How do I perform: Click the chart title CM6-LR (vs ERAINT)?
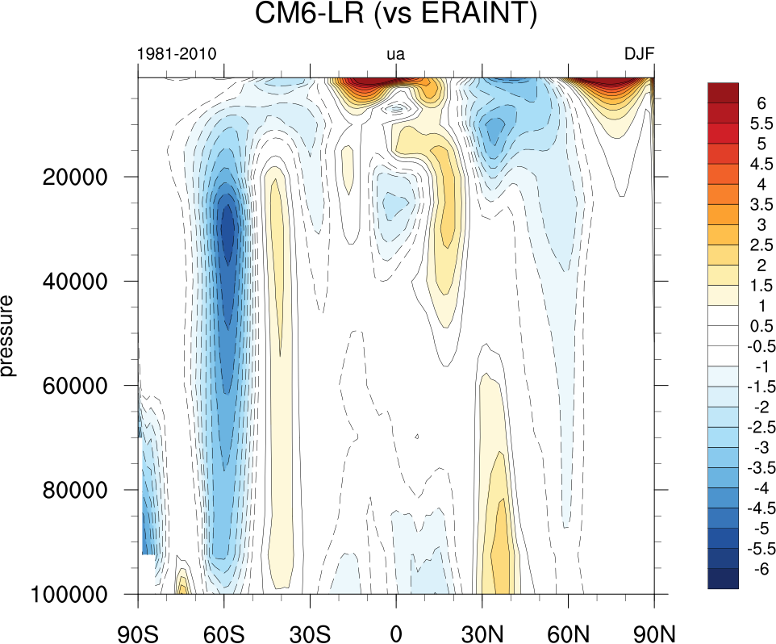click(395, 15)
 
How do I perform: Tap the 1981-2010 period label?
click(177, 55)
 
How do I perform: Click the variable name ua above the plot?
click(395, 55)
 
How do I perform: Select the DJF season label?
click(639, 55)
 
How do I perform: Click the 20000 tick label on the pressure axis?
click(76, 177)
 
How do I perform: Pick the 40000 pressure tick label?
click(76, 281)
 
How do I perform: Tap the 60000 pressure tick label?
click(76, 385)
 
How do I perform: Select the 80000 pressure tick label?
click(76, 490)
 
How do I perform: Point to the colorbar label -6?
click(760, 569)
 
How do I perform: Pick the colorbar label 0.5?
click(760, 326)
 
